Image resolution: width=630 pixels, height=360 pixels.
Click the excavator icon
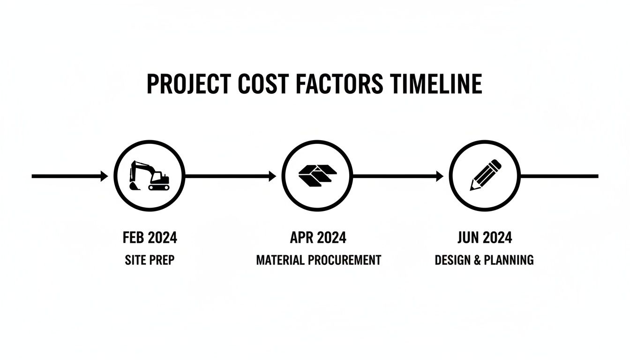tap(150, 175)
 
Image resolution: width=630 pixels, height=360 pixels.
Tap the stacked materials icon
tap(317, 175)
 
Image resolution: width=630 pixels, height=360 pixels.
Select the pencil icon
tap(486, 175)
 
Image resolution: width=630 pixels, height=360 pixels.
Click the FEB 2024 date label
tap(150, 238)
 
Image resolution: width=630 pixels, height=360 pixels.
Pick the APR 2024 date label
tap(318, 238)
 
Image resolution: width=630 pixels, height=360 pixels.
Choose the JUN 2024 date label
tap(485, 238)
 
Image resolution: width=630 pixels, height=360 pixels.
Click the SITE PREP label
tap(150, 260)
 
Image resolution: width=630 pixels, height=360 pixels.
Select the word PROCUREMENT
tap(345, 260)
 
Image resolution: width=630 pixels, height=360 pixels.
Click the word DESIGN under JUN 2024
tap(453, 260)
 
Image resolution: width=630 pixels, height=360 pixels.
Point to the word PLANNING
tap(509, 260)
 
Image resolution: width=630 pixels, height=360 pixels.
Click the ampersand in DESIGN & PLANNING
tap(477, 260)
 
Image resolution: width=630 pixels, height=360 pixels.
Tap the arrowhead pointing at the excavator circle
tap(105, 176)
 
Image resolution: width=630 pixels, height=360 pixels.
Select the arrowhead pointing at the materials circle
tap(272, 176)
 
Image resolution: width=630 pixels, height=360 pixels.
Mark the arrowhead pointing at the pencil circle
tap(440, 176)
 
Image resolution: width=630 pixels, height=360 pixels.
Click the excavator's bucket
tap(135, 186)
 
